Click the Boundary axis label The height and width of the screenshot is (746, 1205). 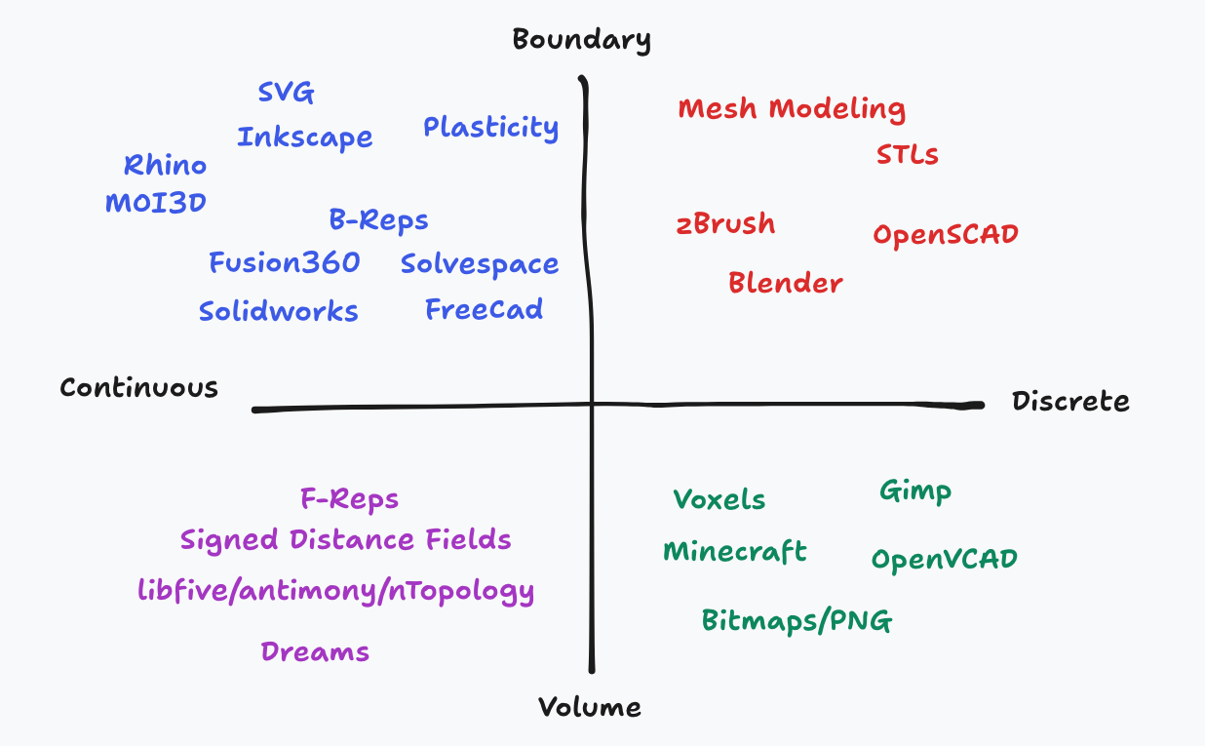(581, 40)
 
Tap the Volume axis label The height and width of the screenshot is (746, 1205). (590, 707)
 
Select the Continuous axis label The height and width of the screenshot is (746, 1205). (138, 387)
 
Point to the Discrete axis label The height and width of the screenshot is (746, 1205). (1070, 401)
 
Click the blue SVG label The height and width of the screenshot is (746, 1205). (286, 93)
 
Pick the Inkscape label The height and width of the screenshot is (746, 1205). (304, 137)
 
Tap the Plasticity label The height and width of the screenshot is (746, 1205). (490, 128)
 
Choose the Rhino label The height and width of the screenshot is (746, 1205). (165, 166)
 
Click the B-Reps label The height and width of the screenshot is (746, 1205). (378, 220)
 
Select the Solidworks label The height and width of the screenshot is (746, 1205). (278, 312)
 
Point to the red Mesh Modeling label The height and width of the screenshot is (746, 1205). (792, 108)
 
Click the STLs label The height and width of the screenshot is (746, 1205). (907, 155)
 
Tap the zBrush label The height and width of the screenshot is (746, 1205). (725, 224)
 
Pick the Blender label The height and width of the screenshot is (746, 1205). (785, 283)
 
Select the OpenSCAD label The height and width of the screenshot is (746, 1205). (945, 235)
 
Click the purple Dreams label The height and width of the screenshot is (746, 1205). (315, 651)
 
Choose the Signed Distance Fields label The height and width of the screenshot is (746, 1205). (345, 539)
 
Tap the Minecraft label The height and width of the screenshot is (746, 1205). (734, 552)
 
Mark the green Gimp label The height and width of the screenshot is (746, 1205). (914, 491)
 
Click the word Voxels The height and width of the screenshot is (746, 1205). (719, 500)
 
